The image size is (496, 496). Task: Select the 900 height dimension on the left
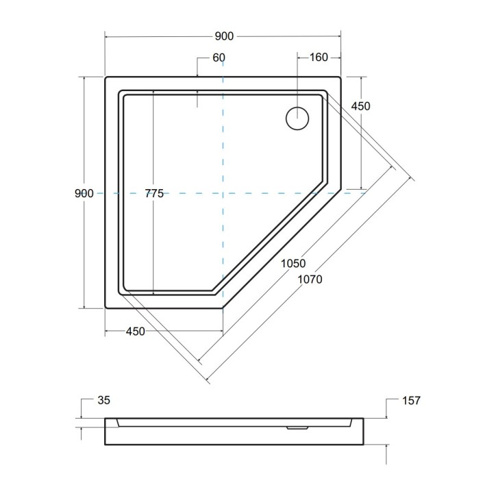pos(84,194)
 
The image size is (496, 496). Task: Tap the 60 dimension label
pos(219,58)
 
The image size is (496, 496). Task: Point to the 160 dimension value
pos(319,58)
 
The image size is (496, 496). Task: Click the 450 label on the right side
pos(360,106)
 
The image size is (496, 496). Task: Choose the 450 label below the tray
pos(135,332)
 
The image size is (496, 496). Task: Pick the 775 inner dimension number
pos(154,194)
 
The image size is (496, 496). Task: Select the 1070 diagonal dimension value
pos(309,279)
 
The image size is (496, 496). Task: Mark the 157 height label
pos(410,400)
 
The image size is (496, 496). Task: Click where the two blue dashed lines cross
pos(223,194)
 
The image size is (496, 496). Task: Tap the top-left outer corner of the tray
pos(106,77)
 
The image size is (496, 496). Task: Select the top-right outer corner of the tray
pos(340,77)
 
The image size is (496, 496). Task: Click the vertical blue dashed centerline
pos(223,137)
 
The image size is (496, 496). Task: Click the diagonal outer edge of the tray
pos(282,250)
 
